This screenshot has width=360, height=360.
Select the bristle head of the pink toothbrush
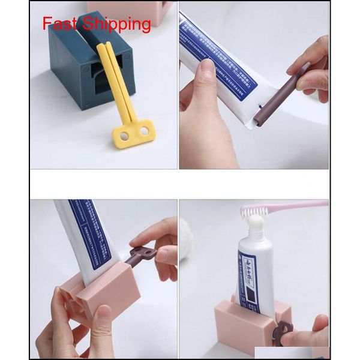(255, 212)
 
